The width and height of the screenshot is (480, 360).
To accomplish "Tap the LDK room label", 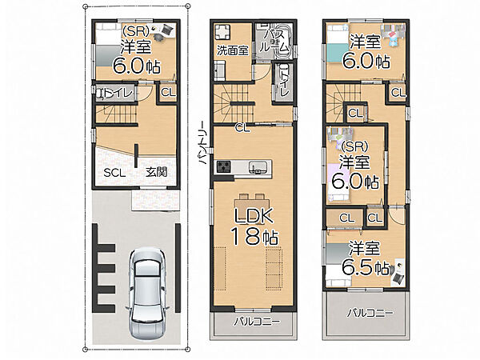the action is pyautogui.click(x=254, y=215).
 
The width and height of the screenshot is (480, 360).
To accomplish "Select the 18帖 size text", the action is pyautogui.click(x=254, y=237).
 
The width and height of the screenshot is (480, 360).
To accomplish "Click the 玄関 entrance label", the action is pyautogui.click(x=156, y=172).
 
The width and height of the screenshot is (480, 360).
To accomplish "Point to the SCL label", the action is pyautogui.click(x=114, y=173).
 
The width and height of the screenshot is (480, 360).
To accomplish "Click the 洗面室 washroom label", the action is pyautogui.click(x=233, y=50).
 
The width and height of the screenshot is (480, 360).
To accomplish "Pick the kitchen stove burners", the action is pyautogui.click(x=223, y=167).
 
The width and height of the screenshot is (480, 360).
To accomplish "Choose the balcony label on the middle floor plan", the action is pyautogui.click(x=257, y=322).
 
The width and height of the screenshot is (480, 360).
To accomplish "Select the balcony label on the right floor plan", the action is pyautogui.click(x=370, y=313).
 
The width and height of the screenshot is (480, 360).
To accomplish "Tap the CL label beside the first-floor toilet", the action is pyautogui.click(x=168, y=92).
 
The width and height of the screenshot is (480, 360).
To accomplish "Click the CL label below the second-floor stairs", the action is pyautogui.click(x=242, y=128).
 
